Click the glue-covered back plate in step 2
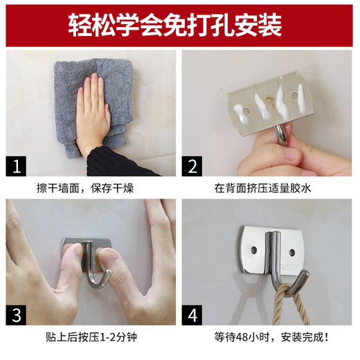[267, 104]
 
